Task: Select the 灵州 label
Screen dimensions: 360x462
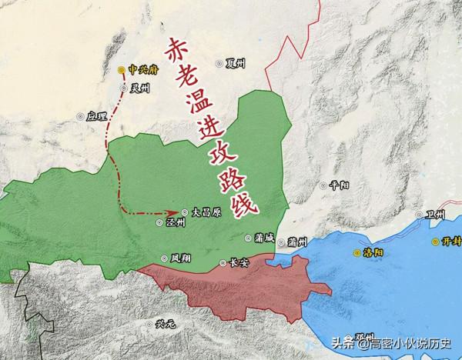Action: click(x=139, y=88)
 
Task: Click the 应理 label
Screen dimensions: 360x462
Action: click(x=95, y=116)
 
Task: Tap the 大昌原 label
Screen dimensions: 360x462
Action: click(x=206, y=210)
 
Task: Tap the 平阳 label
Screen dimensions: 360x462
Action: click(x=340, y=185)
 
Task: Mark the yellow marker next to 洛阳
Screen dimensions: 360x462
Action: click(x=357, y=252)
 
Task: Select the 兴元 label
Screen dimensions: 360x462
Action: click(x=166, y=324)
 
